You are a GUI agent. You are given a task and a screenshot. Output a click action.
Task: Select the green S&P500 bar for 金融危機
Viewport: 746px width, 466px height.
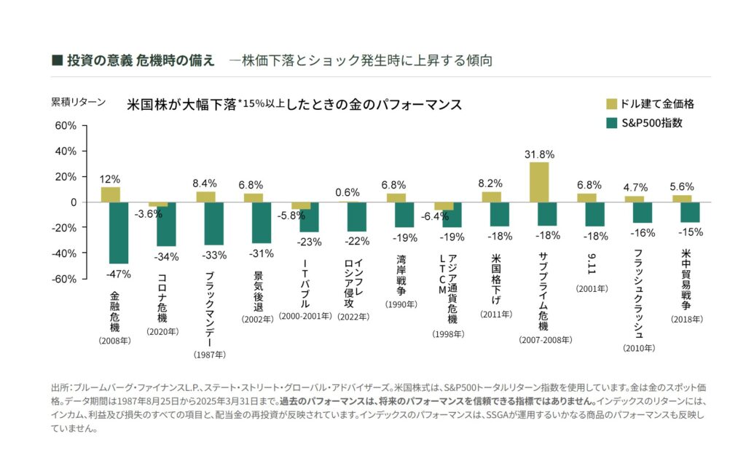119,232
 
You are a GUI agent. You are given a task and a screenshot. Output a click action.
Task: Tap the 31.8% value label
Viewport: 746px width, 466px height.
539,154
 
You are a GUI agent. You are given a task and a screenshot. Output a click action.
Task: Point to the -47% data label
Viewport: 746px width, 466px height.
119,274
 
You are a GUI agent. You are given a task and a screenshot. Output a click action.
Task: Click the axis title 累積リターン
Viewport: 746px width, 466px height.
78,102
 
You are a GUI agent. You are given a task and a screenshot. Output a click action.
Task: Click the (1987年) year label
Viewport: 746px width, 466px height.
209,355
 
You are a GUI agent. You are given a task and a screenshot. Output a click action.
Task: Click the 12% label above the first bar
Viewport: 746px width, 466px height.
111,179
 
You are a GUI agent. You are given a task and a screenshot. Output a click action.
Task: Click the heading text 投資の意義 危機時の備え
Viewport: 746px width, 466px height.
140,60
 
